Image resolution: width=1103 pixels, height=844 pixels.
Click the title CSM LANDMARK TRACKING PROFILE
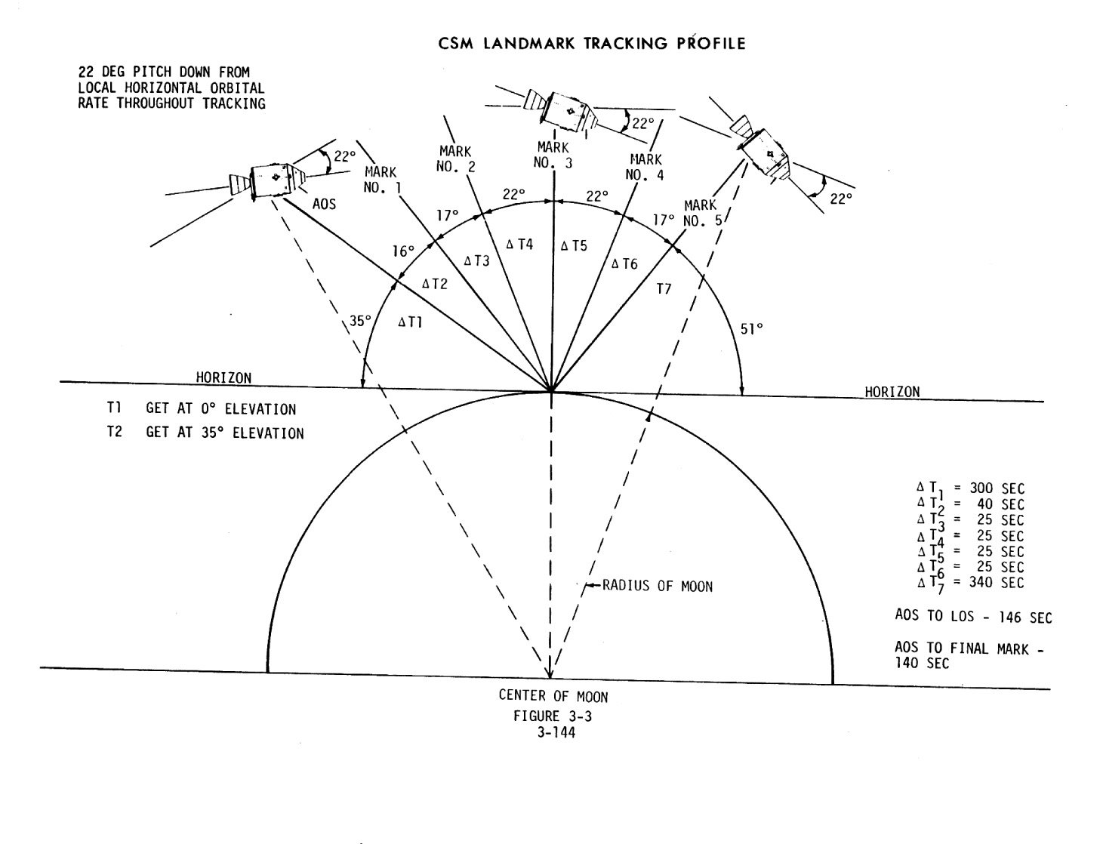click(x=592, y=44)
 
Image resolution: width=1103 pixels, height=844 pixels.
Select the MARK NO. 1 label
click(x=381, y=180)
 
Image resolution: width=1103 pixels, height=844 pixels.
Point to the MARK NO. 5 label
click(x=701, y=213)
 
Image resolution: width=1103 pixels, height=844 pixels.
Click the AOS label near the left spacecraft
click(x=324, y=205)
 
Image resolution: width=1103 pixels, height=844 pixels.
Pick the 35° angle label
click(x=359, y=321)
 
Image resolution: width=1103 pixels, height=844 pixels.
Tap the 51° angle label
click(x=751, y=328)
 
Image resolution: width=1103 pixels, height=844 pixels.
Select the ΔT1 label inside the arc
click(x=410, y=322)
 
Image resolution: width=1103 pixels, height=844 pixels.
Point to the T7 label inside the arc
click(x=663, y=288)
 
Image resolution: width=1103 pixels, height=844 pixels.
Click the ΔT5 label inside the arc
click(x=573, y=245)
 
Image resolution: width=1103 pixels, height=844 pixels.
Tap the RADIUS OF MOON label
click(x=658, y=586)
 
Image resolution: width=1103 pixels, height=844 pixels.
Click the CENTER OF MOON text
click(x=553, y=696)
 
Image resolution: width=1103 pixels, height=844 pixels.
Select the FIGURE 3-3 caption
click(x=553, y=716)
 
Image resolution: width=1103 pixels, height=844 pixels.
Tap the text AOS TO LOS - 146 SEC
click(x=972, y=617)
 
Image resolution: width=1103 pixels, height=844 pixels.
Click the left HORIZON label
click(x=224, y=377)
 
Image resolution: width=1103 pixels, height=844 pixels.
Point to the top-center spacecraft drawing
click(x=559, y=110)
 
